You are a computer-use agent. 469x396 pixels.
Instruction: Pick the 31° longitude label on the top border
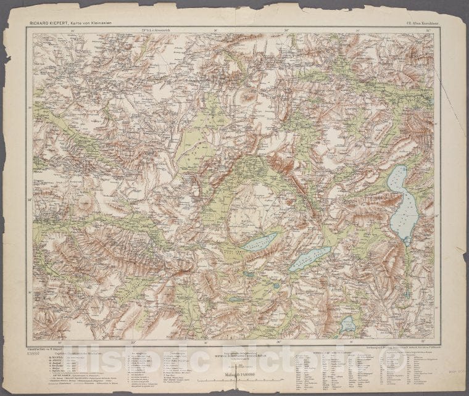[428, 30]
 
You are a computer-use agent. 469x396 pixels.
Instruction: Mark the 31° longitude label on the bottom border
[428, 340]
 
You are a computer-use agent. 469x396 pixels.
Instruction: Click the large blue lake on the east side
[404, 204]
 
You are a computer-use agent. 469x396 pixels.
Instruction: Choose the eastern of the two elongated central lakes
[310, 259]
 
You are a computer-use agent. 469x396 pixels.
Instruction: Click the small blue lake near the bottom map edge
[347, 323]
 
